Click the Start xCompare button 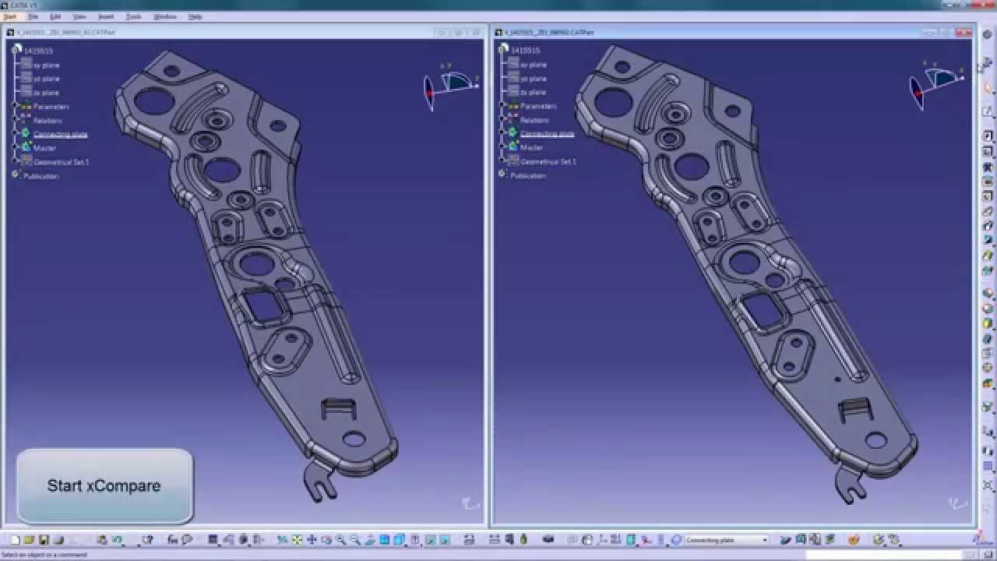click(x=104, y=485)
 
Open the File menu click(x=33, y=16)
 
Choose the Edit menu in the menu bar click(x=55, y=16)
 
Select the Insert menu click(x=105, y=16)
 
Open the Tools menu click(x=133, y=16)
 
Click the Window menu click(x=164, y=16)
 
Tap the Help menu click(x=195, y=16)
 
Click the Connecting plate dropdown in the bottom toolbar click(x=726, y=540)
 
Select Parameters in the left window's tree click(x=51, y=107)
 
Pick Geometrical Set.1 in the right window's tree click(x=548, y=162)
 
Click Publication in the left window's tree click(x=41, y=176)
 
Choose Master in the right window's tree click(x=531, y=147)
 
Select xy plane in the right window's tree click(x=534, y=65)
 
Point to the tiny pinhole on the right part click(x=837, y=379)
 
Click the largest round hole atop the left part click(x=154, y=101)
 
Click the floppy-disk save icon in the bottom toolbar click(x=44, y=540)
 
